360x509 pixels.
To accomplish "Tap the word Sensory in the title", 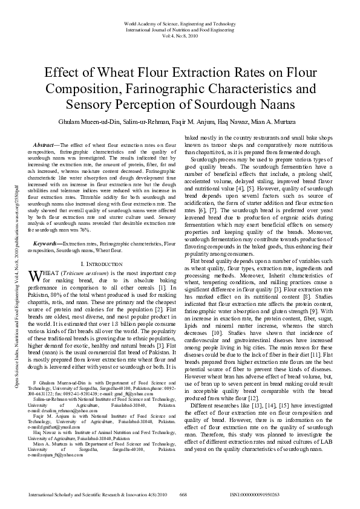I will point(88,104).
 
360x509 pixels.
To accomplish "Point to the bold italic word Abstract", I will point(44,146).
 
